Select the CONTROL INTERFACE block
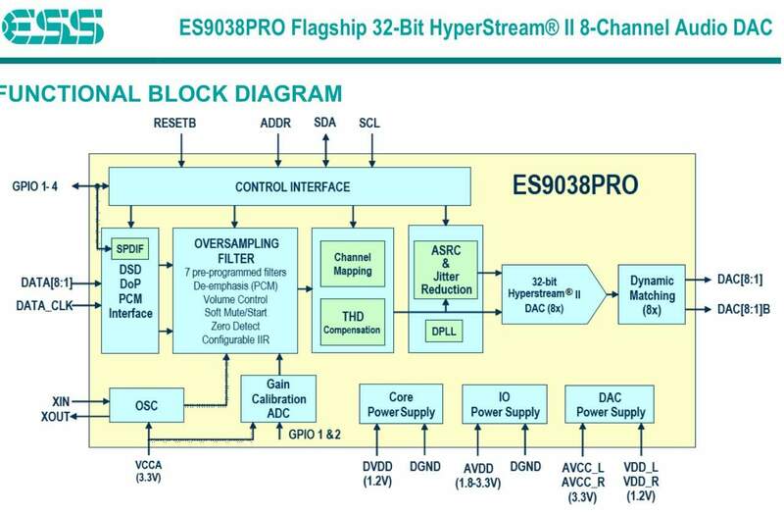[x=292, y=186]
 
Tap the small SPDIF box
[x=129, y=246]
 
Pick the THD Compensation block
[x=352, y=322]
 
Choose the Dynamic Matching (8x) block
[x=652, y=293]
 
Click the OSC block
[x=147, y=404]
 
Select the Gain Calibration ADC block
[x=278, y=399]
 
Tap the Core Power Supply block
[x=400, y=405]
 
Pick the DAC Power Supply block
[x=605, y=405]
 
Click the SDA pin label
[x=324, y=124]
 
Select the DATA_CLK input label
[x=45, y=305]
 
